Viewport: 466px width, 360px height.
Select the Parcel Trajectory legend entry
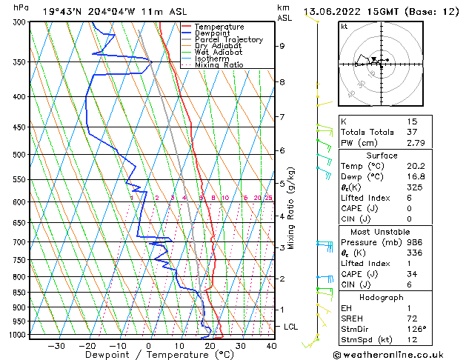pos(229,39)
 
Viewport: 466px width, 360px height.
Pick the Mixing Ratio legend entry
pos(220,65)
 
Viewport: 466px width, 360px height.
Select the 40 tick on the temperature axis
pos(271,345)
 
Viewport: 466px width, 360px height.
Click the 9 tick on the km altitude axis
pos(282,46)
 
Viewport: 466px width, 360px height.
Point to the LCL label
pos(291,327)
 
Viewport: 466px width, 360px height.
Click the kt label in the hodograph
pos(344,26)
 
